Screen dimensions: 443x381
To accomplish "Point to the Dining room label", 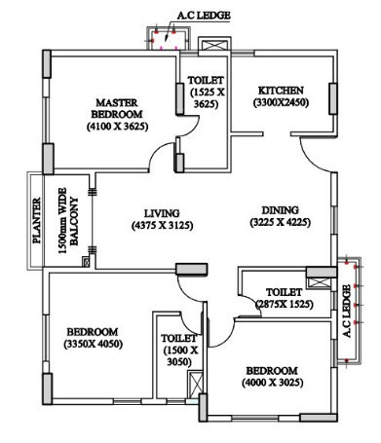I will coord(278,209).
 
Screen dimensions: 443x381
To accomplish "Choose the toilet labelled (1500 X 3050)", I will coord(179,350).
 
